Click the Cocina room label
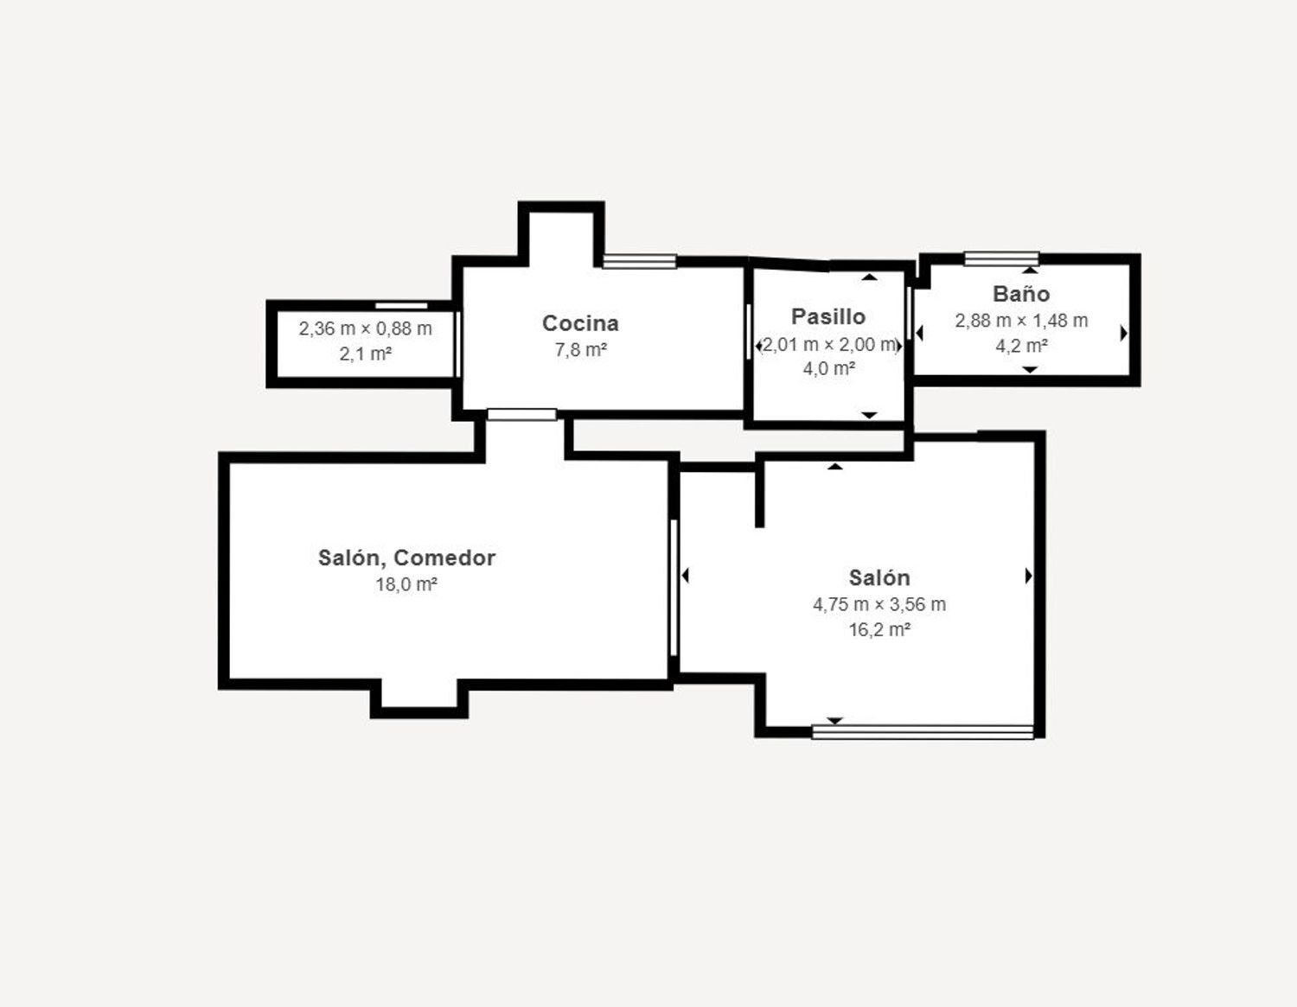pyautogui.click(x=580, y=323)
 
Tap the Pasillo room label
pyautogui.click(x=828, y=316)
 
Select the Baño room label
pyautogui.click(x=1021, y=294)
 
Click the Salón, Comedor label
pyautogui.click(x=406, y=558)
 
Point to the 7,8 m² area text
pyautogui.click(x=580, y=350)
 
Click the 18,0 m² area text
pyautogui.click(x=406, y=584)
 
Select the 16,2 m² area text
pyautogui.click(x=879, y=629)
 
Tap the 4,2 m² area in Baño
pyautogui.click(x=1021, y=346)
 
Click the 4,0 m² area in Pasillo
pyautogui.click(x=828, y=368)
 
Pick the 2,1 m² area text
pyautogui.click(x=366, y=354)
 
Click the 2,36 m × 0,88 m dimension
pyautogui.click(x=366, y=328)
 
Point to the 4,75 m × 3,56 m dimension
pyautogui.click(x=879, y=604)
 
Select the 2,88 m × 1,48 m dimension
pyautogui.click(x=1021, y=321)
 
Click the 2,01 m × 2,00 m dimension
pyautogui.click(x=829, y=344)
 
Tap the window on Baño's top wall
pyautogui.click(x=1001, y=258)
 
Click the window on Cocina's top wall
pyautogui.click(x=639, y=261)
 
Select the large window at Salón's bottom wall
pyautogui.click(x=923, y=732)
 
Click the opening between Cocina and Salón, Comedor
pyautogui.click(x=521, y=415)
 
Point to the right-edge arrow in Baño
pyautogui.click(x=1123, y=333)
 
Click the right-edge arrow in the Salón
pyautogui.click(x=1028, y=576)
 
